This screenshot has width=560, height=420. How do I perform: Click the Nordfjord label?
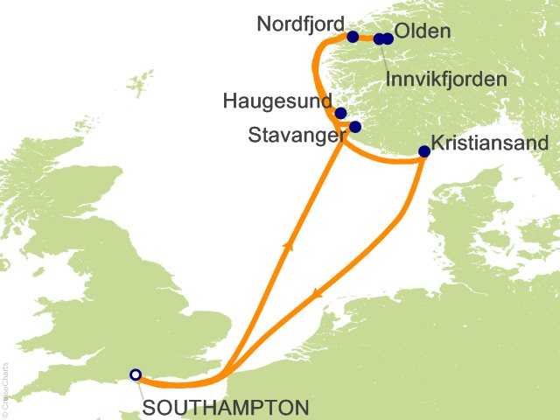point(299,24)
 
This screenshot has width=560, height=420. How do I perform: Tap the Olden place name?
point(423,32)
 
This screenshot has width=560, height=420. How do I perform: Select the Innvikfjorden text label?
point(446,80)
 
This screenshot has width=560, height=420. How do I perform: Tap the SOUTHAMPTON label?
point(226,408)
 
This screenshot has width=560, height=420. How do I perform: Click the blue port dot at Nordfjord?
point(353,37)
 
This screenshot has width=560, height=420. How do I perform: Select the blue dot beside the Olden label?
point(388,38)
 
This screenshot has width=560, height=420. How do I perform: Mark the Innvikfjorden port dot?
point(379,38)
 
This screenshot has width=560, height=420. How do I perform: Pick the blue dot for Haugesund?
point(340,113)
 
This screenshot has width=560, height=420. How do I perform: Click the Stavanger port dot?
point(355,127)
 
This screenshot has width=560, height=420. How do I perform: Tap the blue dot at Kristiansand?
point(424,151)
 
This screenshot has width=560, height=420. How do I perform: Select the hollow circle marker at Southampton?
point(135,374)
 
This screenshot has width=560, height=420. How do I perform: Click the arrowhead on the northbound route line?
point(286,248)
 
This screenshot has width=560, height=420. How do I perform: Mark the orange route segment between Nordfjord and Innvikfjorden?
point(366,38)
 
